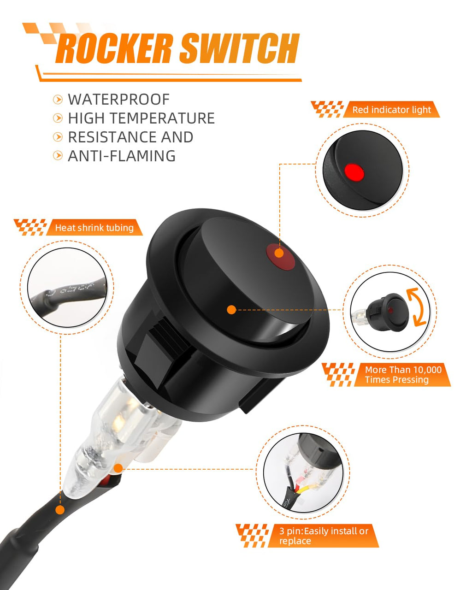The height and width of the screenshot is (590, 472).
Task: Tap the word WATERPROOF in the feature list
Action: tap(118, 100)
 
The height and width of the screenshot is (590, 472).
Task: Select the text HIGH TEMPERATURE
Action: tap(141, 118)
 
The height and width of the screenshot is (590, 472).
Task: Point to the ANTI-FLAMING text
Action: tap(122, 156)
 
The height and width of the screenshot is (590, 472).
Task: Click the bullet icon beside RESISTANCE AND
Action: tap(58, 137)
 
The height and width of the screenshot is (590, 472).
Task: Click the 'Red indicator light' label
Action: tap(391, 110)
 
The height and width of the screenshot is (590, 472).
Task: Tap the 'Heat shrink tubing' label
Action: tap(94, 228)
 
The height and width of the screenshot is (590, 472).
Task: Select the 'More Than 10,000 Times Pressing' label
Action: tap(403, 375)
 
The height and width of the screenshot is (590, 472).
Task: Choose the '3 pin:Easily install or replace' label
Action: tap(324, 536)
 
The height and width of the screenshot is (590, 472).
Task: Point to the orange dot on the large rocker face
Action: tap(231, 310)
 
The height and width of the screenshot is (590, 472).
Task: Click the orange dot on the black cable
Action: tap(60, 510)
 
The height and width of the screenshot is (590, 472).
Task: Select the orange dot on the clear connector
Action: tap(118, 469)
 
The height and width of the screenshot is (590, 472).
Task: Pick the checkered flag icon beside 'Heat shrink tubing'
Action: tap(30, 227)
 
